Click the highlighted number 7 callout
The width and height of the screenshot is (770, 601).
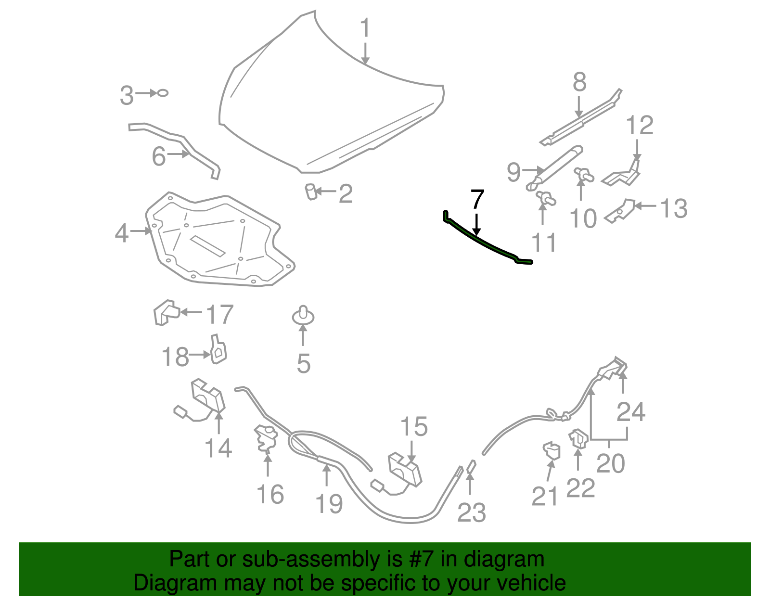pos(477,199)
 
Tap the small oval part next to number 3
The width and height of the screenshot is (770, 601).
pos(163,93)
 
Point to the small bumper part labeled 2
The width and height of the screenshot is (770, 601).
pos(311,192)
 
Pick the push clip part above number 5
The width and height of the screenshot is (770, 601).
pos(303,316)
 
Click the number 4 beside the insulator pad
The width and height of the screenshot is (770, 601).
pos(122,233)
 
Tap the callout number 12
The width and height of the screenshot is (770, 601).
pos(640,126)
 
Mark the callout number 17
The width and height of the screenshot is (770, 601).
pos(219,315)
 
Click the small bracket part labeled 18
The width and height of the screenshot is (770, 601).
pos(218,350)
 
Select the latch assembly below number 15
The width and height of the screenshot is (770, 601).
pos(404,469)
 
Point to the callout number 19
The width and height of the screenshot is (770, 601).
pos(329,504)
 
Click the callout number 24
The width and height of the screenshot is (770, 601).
pos(630,412)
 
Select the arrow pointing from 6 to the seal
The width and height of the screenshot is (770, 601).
pos(179,154)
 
